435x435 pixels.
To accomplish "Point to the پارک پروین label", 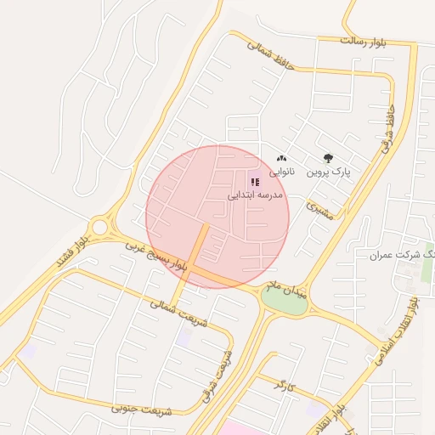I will click(329, 172).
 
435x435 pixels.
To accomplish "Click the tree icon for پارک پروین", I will click(329, 158).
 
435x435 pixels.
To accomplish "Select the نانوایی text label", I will click(282, 172).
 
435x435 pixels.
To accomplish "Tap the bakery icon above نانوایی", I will click(282, 159).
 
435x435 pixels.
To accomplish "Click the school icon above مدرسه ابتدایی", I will click(255, 181).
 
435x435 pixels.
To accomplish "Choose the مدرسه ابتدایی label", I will click(255, 195).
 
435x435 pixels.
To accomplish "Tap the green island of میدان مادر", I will click(284, 302).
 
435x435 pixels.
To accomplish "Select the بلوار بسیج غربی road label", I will click(156, 257).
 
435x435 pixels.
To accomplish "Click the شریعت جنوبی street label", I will click(141, 410).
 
